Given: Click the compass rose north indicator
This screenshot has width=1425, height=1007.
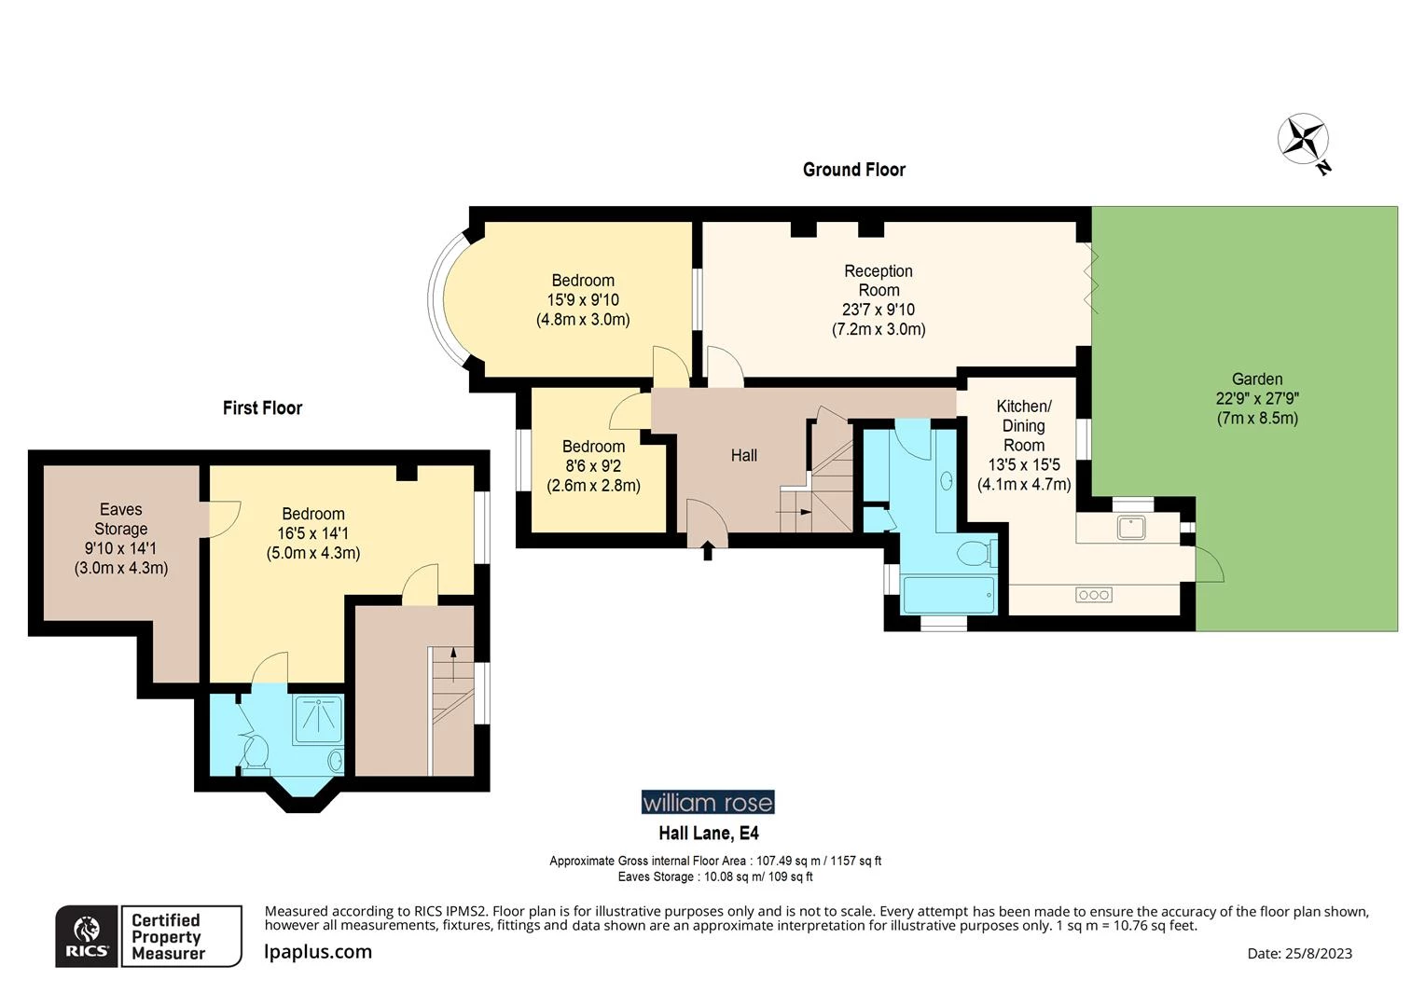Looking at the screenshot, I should point(1303,140).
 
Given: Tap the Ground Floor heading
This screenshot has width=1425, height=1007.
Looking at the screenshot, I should point(853,170).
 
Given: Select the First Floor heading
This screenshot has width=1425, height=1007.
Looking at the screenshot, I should point(262,408).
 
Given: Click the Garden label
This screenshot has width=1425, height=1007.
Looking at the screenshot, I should point(1256,379).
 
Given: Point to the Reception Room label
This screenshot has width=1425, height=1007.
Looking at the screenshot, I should point(878,281).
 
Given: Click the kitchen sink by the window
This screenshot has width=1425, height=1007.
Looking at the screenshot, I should point(1131,527).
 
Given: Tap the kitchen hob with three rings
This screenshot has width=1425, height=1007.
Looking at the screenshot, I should point(1093,595).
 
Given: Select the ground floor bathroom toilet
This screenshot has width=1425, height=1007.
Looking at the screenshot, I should point(975,554).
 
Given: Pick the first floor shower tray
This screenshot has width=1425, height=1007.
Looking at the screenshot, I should point(319,718).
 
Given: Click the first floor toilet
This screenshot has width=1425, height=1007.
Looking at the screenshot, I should point(255,751).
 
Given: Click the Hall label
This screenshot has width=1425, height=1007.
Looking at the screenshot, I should point(743,456).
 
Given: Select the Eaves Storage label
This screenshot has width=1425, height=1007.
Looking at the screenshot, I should point(121,519).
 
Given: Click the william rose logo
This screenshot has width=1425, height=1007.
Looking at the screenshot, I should point(707,802).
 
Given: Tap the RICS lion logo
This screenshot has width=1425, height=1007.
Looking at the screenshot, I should point(87,936).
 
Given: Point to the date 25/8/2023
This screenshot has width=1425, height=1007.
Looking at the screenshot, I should point(1299,953).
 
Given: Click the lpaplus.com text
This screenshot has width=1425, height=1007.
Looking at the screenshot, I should point(318,952).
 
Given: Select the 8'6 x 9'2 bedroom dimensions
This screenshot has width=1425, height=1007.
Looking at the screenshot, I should point(593,466).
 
